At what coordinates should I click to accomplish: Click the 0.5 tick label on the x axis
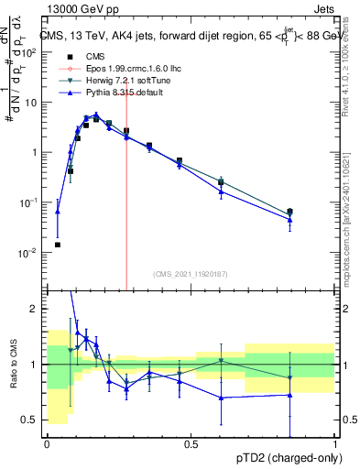click(x=191, y=444)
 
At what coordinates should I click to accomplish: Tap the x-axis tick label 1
click(x=335, y=444)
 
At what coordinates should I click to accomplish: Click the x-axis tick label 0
click(x=47, y=444)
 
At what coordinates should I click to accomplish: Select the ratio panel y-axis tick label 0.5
click(x=33, y=420)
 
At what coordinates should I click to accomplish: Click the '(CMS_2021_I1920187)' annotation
click(x=191, y=272)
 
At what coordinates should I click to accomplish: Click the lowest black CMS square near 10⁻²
click(x=58, y=245)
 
